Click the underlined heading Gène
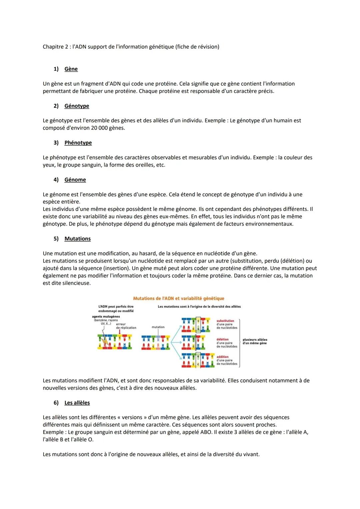point(71,69)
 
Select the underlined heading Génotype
point(77,106)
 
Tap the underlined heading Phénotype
point(78,143)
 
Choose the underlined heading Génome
point(75,180)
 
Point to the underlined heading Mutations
point(77,239)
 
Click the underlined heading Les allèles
point(77,403)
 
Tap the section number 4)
point(56,180)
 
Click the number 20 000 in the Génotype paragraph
point(99,128)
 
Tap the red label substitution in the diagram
point(225,321)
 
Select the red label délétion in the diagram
point(223,339)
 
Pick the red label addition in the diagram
point(222,357)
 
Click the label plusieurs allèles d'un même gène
point(255,341)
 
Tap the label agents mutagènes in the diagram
point(106,317)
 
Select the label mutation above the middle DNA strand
point(158,327)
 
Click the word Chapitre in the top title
point(53,47)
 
